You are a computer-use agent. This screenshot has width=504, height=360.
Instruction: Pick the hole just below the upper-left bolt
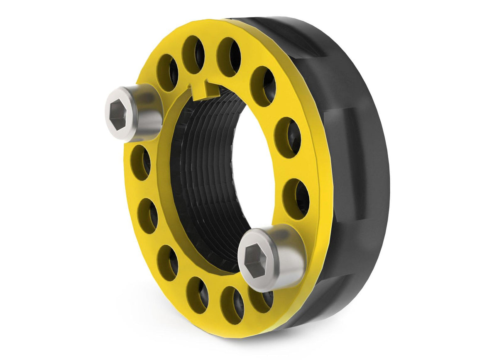point(141,162)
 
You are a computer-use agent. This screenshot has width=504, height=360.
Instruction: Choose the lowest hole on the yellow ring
point(231,305)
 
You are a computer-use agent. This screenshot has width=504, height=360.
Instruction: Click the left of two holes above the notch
point(194,54)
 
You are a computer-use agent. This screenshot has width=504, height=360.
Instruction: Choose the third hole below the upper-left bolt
point(167,263)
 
